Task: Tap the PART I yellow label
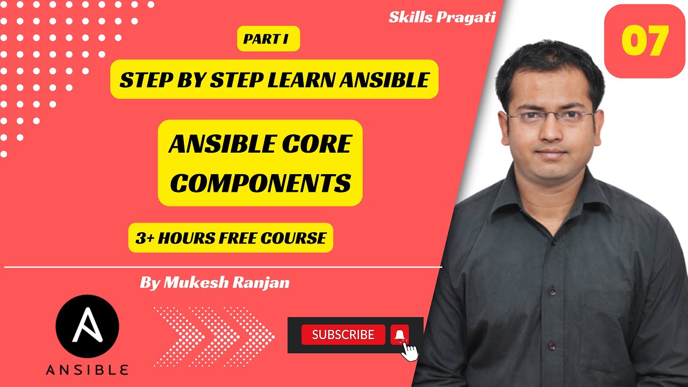(268, 39)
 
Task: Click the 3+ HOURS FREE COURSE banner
(231, 238)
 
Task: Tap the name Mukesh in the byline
(195, 283)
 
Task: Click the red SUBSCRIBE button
(343, 334)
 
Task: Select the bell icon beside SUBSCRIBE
(399, 334)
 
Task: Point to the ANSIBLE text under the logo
(87, 370)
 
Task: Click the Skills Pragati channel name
(441, 17)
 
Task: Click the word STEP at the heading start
(140, 80)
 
